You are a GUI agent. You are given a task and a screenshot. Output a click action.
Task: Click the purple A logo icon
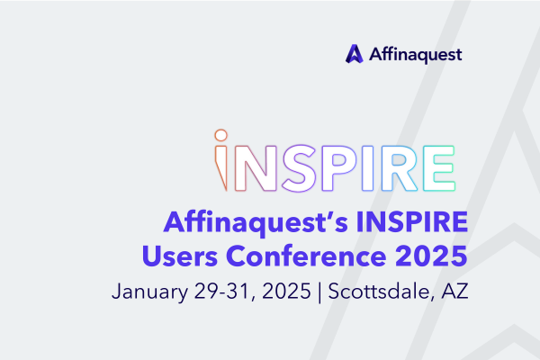355,54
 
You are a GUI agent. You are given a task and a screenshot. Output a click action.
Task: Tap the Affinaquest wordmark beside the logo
415,54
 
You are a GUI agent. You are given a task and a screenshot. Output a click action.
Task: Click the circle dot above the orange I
221,135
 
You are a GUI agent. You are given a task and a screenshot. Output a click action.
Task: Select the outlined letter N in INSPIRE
256,167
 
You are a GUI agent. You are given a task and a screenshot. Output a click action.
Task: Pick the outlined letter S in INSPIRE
300,167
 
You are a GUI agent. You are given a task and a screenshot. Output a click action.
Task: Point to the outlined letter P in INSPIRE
339,167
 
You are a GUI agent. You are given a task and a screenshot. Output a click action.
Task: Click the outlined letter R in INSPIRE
400,167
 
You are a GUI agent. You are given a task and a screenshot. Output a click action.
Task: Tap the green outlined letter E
439,167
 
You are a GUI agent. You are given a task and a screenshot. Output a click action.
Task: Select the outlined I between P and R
368,167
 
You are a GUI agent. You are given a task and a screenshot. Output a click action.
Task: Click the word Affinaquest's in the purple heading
256,222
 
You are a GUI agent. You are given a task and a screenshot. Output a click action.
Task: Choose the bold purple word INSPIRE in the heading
412,221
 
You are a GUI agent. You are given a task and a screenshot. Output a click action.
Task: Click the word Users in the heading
180,256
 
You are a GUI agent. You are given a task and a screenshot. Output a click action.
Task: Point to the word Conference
306,256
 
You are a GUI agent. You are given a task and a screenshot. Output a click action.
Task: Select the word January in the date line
149,292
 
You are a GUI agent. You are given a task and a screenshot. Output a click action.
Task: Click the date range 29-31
221,291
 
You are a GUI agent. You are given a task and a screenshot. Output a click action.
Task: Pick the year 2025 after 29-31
286,291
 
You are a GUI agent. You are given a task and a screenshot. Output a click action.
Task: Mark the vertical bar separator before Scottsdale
319,292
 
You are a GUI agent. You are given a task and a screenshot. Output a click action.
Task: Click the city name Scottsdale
379,291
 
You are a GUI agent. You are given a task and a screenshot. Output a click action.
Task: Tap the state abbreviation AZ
454,291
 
